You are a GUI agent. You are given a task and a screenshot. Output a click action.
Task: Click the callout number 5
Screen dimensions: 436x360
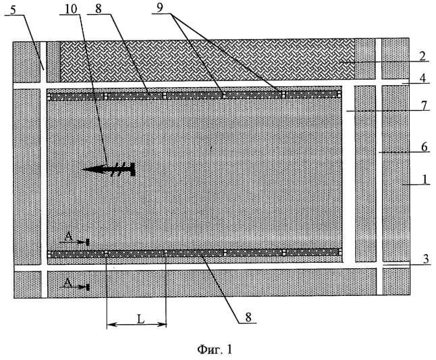point(14,10)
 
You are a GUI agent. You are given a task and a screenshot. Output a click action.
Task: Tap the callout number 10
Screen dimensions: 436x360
point(71,9)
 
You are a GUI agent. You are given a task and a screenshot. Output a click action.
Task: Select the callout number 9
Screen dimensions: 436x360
point(159,8)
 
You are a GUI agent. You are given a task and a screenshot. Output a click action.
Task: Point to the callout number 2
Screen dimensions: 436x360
point(423,56)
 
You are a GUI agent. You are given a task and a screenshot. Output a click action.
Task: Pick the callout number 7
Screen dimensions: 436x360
point(423,106)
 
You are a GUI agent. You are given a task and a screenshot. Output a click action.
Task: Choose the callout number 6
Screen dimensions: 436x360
point(425,147)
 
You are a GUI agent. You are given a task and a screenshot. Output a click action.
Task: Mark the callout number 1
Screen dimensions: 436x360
point(425,180)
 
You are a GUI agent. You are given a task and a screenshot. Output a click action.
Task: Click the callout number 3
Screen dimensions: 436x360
point(426,259)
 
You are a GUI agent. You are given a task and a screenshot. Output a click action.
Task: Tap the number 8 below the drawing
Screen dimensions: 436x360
point(248,317)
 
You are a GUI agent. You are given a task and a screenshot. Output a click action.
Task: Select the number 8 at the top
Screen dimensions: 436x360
point(99,9)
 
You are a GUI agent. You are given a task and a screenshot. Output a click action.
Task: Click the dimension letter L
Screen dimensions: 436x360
point(141,319)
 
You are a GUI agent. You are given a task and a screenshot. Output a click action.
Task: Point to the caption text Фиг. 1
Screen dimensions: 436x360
point(215,349)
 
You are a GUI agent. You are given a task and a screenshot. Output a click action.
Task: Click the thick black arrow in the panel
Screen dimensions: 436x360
point(109,169)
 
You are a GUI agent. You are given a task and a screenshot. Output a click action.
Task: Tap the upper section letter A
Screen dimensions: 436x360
point(68,237)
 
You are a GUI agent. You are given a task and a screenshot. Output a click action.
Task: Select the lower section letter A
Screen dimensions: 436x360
point(67,282)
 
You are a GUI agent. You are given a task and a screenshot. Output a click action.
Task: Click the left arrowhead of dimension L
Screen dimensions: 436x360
point(111,324)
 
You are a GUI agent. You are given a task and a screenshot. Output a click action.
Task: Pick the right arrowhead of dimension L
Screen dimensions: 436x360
point(163,324)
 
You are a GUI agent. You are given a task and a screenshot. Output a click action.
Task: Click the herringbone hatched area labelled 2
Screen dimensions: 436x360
point(207,60)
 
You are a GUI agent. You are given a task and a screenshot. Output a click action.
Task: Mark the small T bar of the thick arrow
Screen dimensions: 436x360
point(133,169)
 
